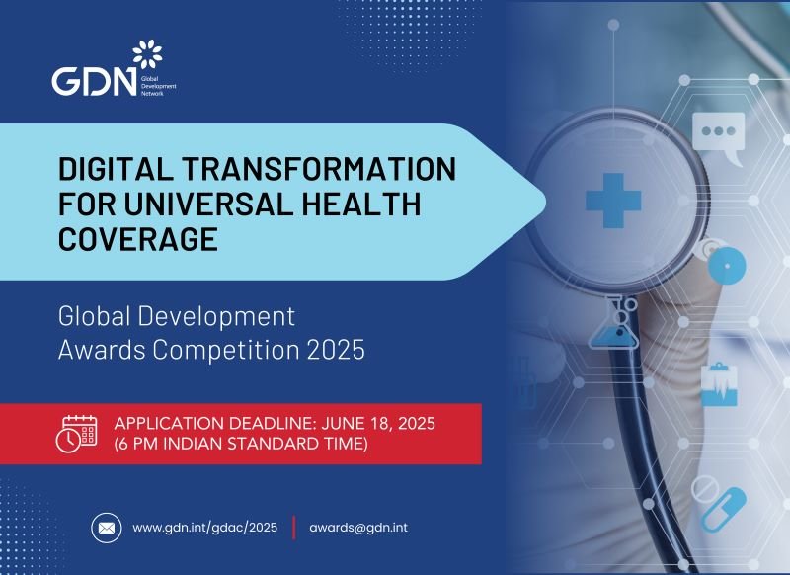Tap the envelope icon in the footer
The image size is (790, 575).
(106, 528)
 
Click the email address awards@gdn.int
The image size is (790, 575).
(357, 528)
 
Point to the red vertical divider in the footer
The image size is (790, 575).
(293, 528)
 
